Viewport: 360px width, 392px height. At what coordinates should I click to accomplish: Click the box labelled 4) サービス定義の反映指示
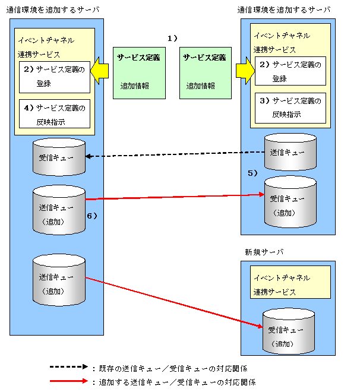pos(55,114)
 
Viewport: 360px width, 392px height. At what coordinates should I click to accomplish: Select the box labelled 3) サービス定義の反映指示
pos(291,108)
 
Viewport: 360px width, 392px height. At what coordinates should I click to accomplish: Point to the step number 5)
pos(253,173)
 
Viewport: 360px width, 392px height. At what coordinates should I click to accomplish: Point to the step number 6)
pos(92,216)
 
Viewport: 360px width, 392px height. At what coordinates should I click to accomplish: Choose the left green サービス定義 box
pos(139,72)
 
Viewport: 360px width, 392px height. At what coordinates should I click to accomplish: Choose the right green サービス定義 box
pos(205,72)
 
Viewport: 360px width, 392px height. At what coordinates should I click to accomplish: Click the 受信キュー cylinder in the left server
pos(59,157)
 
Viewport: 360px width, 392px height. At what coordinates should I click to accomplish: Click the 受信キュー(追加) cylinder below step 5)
pos(290,202)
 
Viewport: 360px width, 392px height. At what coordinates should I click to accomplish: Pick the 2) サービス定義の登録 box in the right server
pos(291,72)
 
